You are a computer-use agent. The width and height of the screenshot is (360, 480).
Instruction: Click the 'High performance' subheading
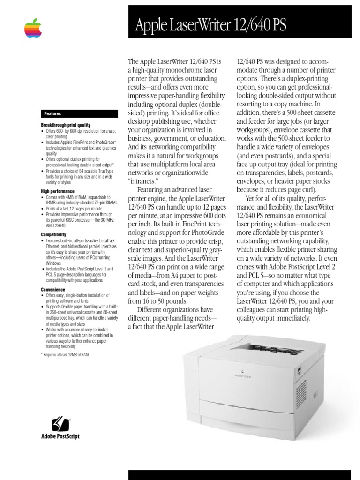57,191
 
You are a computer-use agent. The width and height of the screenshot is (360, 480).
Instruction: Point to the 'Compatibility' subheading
53,234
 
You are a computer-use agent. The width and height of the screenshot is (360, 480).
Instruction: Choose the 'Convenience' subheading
53,290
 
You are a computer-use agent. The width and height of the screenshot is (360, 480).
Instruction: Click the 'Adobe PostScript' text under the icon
60,436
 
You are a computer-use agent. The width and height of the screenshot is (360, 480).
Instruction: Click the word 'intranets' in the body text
144,180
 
